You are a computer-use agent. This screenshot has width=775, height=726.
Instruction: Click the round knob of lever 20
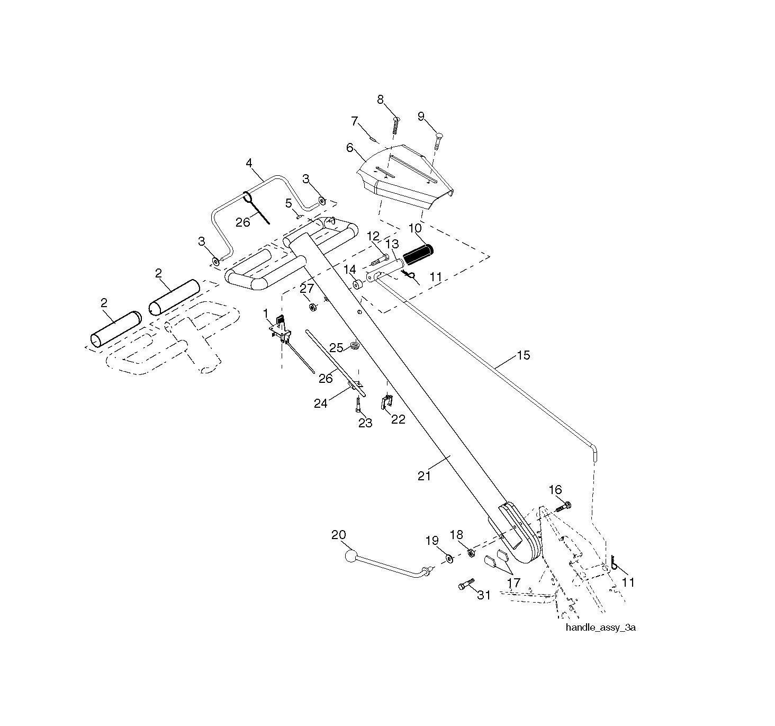click(351, 557)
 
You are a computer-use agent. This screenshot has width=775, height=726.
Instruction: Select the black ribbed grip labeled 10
click(418, 255)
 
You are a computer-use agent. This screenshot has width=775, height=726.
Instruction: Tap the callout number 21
click(424, 476)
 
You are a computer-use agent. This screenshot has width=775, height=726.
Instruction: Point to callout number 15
click(524, 355)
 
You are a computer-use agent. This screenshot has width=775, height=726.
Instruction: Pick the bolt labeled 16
click(562, 507)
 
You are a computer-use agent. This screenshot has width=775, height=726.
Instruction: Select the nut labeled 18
click(471, 553)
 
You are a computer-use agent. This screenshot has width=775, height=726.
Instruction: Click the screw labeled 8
click(395, 125)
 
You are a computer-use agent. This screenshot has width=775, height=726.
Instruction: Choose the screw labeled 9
click(438, 141)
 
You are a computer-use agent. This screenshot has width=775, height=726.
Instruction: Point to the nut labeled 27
click(312, 307)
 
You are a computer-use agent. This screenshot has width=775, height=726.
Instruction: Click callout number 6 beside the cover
click(349, 148)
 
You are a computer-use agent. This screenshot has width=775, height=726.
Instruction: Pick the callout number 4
click(249, 163)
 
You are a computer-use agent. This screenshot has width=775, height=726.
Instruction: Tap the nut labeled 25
click(355, 346)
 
